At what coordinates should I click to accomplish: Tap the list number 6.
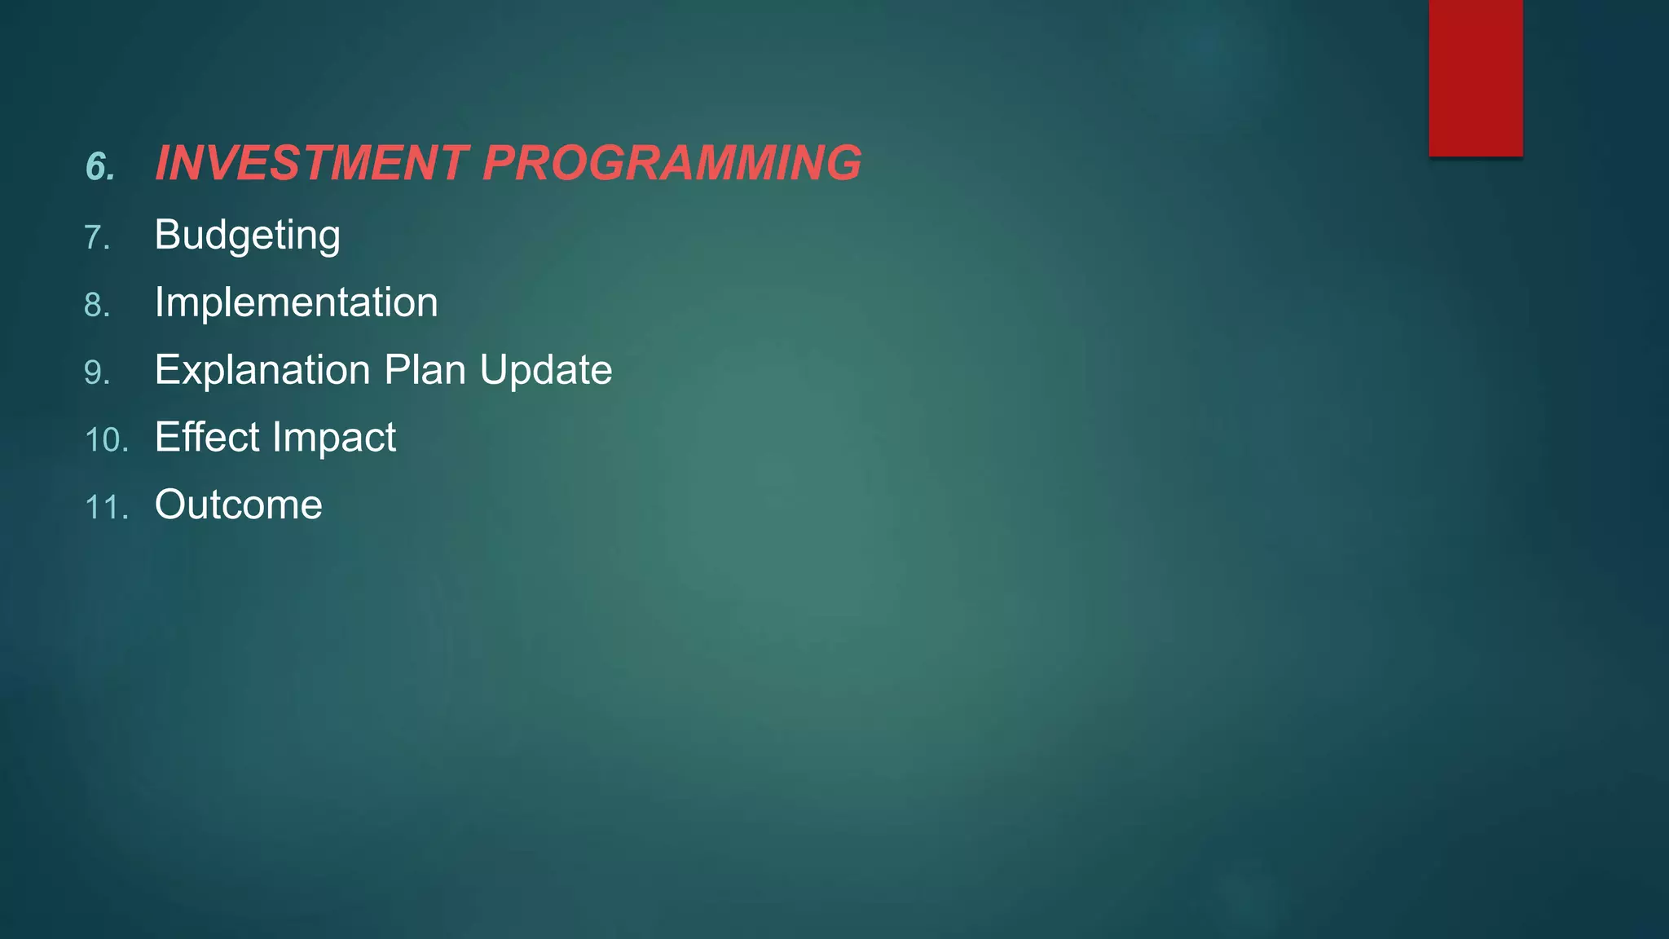pyautogui.click(x=99, y=167)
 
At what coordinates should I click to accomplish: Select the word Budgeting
pyautogui.click(x=247, y=236)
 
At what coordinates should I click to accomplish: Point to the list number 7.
pyautogui.click(x=96, y=238)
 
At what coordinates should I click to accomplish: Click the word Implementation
pyautogui.click(x=296, y=302)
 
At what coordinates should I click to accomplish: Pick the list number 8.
pyautogui.click(x=96, y=306)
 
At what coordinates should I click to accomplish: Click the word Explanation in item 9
pyautogui.click(x=262, y=370)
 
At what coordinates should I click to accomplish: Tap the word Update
pyautogui.click(x=545, y=370)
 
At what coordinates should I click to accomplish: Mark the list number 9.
pyautogui.click(x=96, y=373)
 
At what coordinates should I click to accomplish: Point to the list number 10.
pyautogui.click(x=106, y=441)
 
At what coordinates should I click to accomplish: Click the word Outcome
pyautogui.click(x=238, y=505)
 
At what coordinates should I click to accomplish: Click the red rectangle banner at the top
pyautogui.click(x=1475, y=77)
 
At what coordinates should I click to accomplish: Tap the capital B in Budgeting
pyautogui.click(x=167, y=235)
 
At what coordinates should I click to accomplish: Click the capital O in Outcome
pyautogui.click(x=171, y=505)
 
